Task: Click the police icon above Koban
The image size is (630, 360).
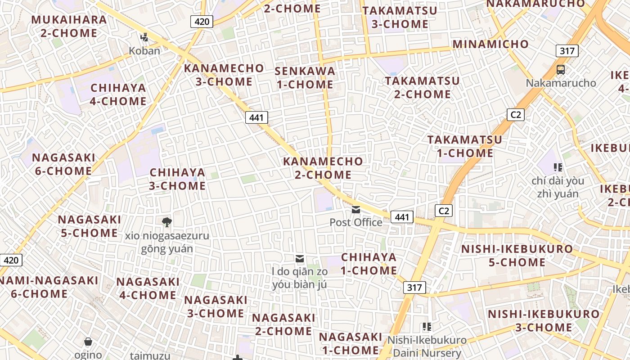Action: [x=144, y=37]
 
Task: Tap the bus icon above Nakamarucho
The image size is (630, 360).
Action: [x=561, y=70]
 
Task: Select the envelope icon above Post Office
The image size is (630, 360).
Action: [x=356, y=210]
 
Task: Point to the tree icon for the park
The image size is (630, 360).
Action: [x=167, y=222]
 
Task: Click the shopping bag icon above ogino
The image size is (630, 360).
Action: [x=89, y=342]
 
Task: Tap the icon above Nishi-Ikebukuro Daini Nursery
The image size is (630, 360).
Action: [x=427, y=327]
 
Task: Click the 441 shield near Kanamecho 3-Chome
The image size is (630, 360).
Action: [x=256, y=118]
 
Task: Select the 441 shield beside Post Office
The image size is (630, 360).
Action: [x=402, y=217]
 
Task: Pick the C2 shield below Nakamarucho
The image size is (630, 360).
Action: [x=516, y=115]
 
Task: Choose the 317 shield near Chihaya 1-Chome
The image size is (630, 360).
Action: [x=414, y=288]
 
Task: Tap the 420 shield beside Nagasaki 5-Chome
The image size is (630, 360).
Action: [x=11, y=260]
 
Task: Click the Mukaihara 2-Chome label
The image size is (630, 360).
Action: [x=69, y=27]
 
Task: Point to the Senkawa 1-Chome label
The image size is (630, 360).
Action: [x=305, y=78]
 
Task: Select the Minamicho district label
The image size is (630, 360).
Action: [x=490, y=44]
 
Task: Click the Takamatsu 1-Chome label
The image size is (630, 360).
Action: [x=465, y=146]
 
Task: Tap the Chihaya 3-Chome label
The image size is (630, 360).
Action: [x=177, y=179]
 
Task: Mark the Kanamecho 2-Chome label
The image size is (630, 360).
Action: [x=323, y=168]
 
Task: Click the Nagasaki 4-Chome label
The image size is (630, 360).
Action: [x=148, y=288]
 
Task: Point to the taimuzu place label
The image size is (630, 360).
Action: [x=148, y=355]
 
